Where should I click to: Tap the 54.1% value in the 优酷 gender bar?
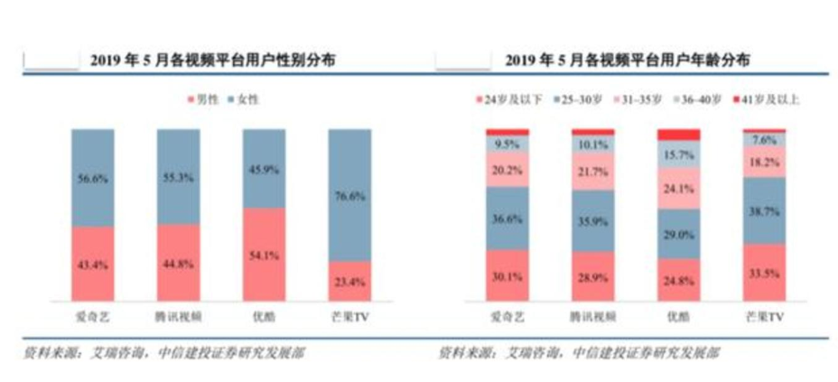264,255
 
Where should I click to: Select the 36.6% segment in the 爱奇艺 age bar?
507,217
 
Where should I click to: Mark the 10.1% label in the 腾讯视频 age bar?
592,144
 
